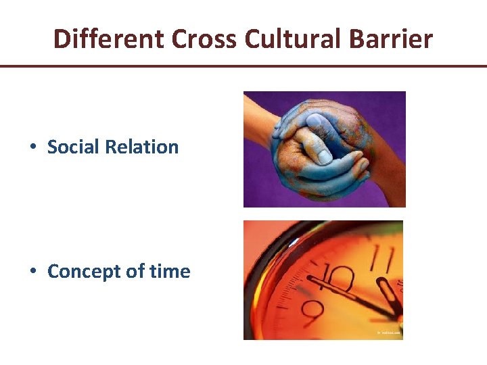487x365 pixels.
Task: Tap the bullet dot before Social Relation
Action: (32, 147)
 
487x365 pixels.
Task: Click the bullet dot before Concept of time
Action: (32, 272)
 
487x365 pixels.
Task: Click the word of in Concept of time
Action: (137, 272)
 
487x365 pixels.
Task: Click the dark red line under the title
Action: (243, 66)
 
